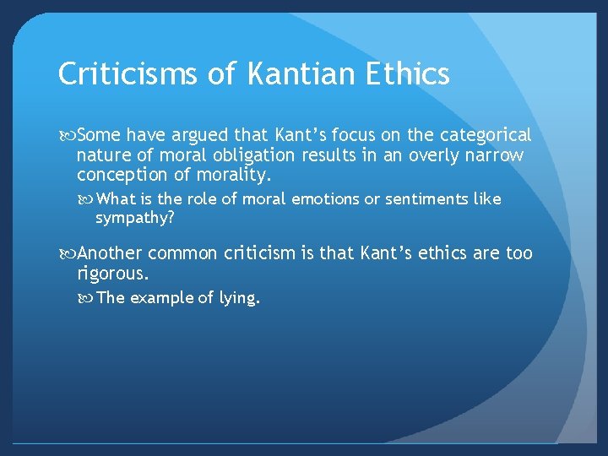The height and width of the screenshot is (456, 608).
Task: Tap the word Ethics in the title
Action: click(414, 74)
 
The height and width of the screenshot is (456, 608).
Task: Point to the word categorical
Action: click(485, 135)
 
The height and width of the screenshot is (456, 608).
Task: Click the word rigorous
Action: click(112, 274)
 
